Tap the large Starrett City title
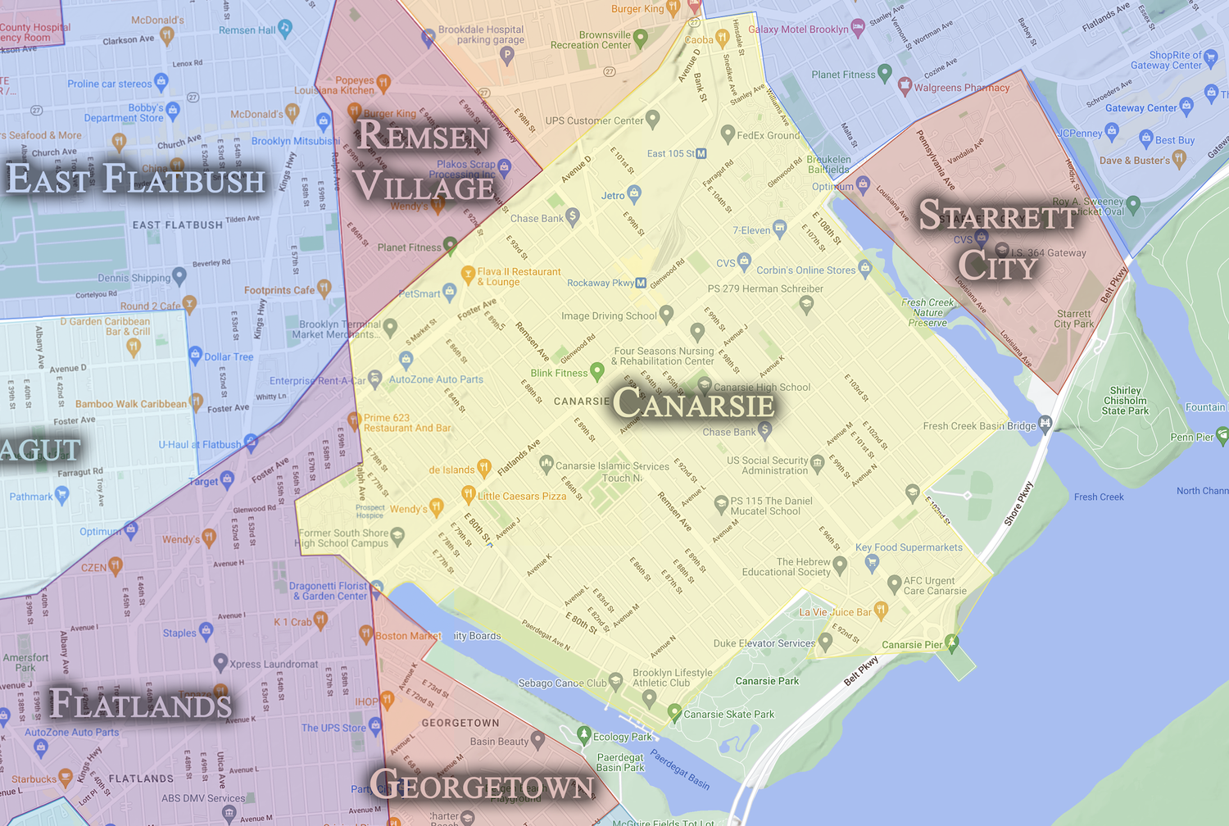[998, 240]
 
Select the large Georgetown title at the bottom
[482, 786]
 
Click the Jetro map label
[612, 196]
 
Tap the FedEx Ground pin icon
[727, 133]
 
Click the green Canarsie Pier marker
[951, 642]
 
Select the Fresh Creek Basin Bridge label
[979, 426]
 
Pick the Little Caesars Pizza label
[522, 497]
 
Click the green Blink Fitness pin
[597, 371]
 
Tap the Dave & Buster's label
[1134, 161]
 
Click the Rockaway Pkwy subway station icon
[641, 283]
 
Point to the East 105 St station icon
[701, 153]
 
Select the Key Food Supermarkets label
[909, 547]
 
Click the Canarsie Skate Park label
[728, 715]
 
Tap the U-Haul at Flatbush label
[200, 445]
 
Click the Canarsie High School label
[761, 388]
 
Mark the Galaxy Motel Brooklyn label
[798, 29]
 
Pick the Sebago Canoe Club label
[562, 683]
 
